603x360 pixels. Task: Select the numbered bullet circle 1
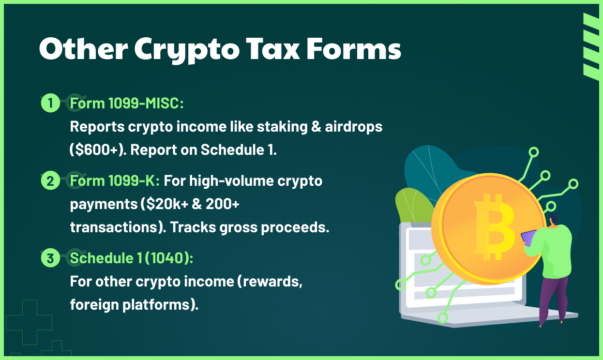coord(50,103)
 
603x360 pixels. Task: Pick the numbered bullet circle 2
coord(50,181)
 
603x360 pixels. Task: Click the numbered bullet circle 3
coord(50,258)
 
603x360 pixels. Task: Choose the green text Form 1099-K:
coord(115,181)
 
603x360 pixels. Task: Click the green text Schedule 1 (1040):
coord(131,258)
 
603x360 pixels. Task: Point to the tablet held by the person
coord(528,238)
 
